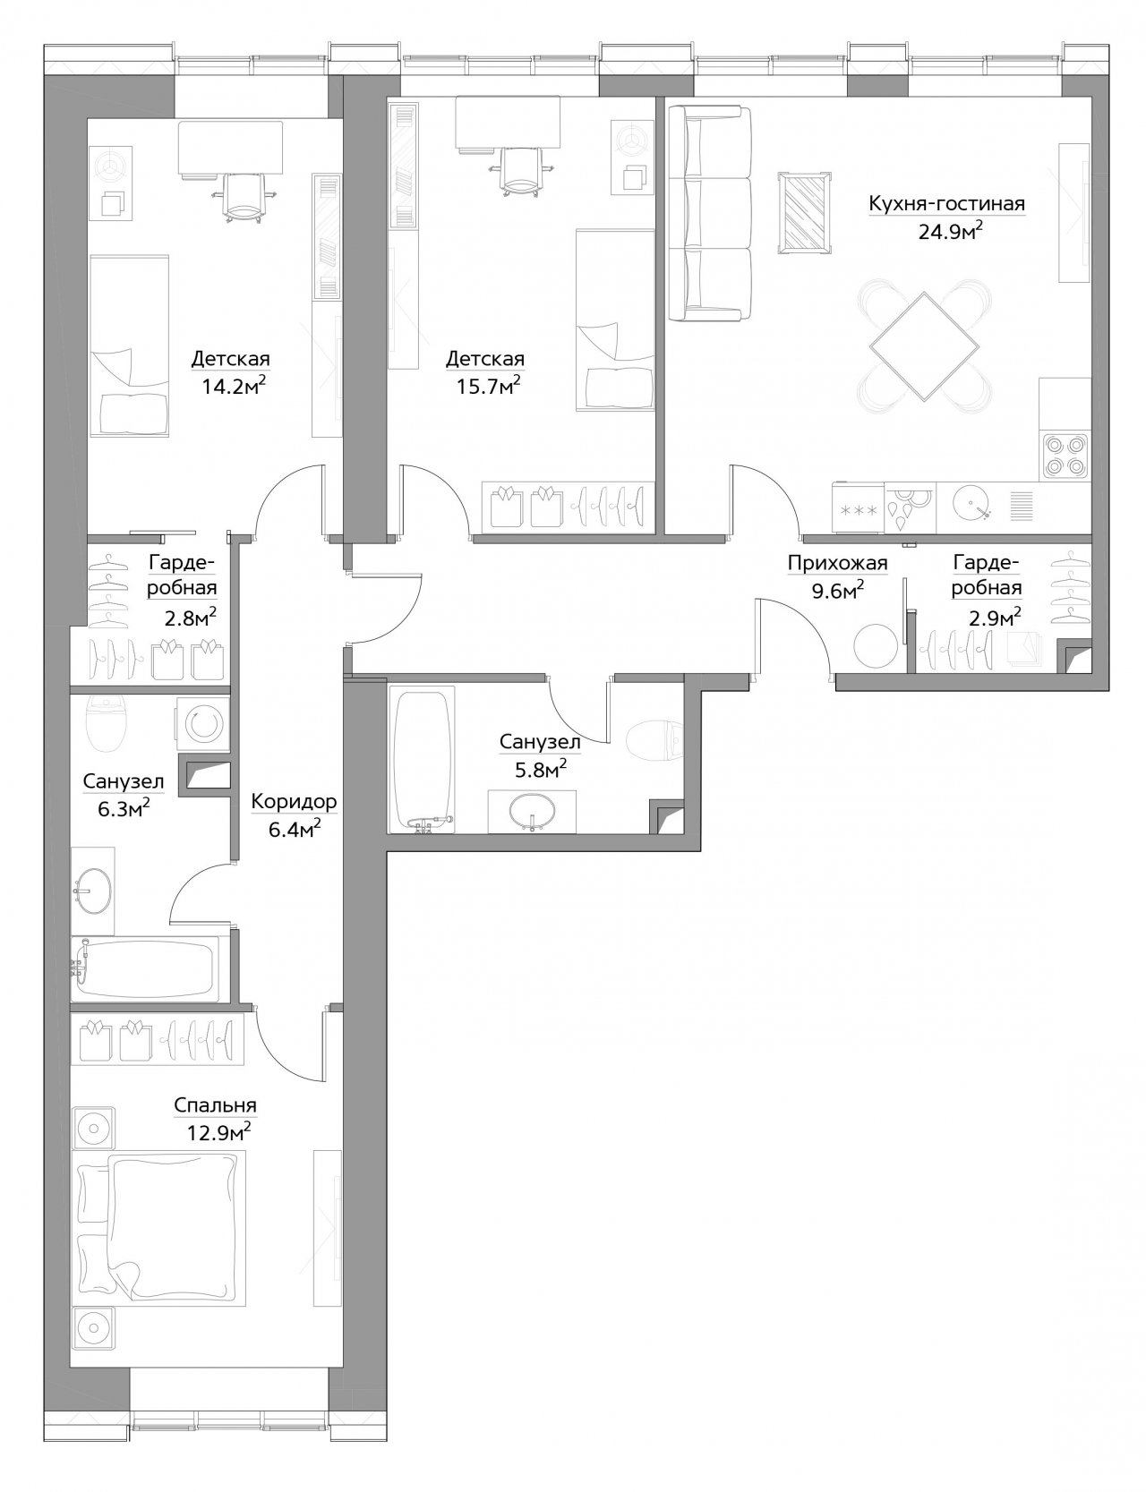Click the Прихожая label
(x=837, y=564)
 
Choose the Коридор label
(x=294, y=802)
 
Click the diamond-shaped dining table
(x=925, y=343)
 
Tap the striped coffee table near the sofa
(x=804, y=213)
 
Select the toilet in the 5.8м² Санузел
(x=654, y=740)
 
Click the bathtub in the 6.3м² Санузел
(x=153, y=968)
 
